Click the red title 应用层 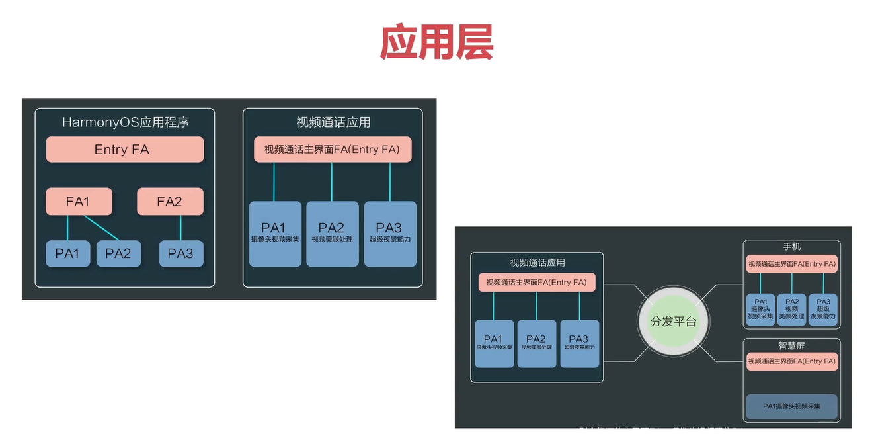436,44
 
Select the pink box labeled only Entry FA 124,150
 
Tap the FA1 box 79,202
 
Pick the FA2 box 170,202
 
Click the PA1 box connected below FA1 67,253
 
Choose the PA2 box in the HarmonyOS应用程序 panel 118,253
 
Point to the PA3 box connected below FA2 180,253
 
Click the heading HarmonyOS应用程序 126,122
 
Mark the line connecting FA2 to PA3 180,228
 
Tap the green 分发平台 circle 673,322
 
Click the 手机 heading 791,247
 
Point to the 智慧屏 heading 791,345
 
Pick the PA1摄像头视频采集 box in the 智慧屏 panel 791,406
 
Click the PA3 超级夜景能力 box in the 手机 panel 823,310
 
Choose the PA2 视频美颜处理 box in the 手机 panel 791,310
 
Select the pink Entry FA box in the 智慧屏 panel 791,361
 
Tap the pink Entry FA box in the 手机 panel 791,264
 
